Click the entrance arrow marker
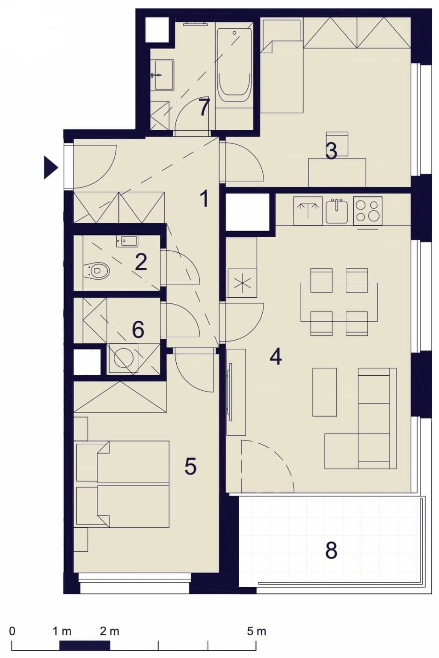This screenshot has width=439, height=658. coord(50,167)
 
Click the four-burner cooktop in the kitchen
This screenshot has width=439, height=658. coord(368,211)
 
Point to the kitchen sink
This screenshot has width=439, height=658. coord(337,211)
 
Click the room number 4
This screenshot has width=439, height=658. coord(276,356)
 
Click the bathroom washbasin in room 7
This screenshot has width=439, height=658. coord(164,75)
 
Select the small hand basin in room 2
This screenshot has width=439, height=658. coord(127,242)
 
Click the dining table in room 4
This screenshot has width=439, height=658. coord(339,302)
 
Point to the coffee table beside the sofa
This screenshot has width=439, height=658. coord(325,392)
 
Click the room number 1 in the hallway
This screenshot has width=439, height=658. coord(204,199)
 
